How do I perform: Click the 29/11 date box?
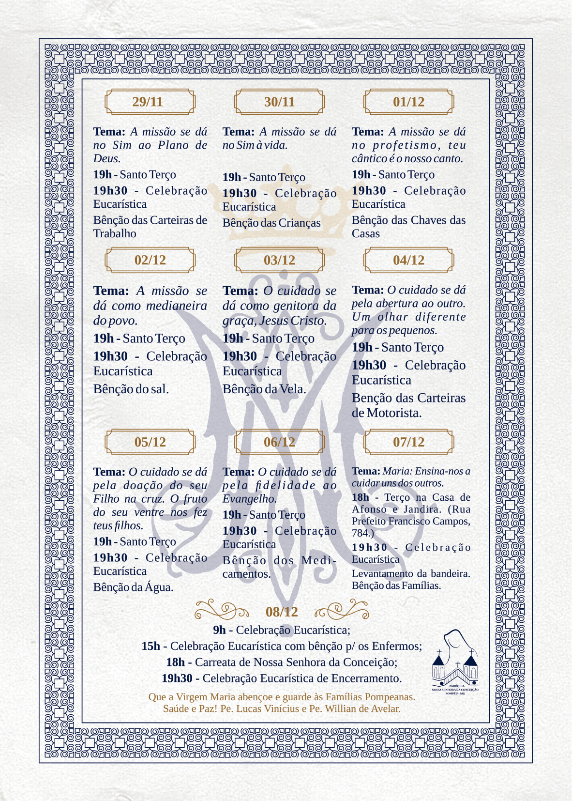[x=150, y=102]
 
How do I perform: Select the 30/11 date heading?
[x=279, y=102]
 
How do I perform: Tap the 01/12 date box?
[x=408, y=102]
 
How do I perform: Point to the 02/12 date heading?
[x=150, y=260]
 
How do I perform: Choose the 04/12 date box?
[x=408, y=260]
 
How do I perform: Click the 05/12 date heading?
[x=150, y=442]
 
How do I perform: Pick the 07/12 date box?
[x=408, y=442]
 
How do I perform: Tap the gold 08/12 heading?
[x=282, y=612]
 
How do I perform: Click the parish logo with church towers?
[x=455, y=661]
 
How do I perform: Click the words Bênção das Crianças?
[x=271, y=223]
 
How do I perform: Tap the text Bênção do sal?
[x=131, y=389]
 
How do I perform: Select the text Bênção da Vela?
[x=264, y=389]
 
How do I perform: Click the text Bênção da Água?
[x=133, y=587]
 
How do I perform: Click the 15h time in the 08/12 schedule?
[x=151, y=646]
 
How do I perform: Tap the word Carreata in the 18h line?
[x=216, y=662]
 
